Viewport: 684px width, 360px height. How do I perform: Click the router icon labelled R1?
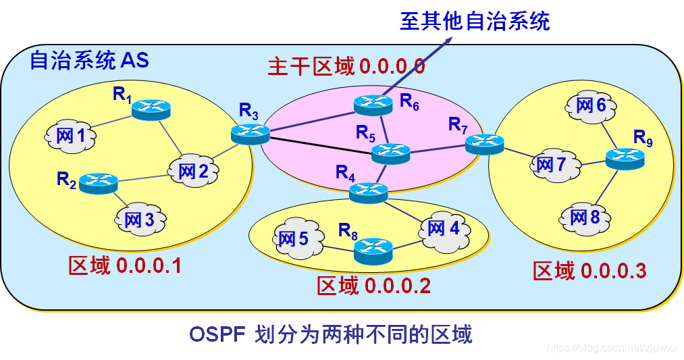coord(151,109)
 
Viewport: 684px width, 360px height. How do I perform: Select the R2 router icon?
coord(99,182)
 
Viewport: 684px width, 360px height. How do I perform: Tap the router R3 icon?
coord(251,134)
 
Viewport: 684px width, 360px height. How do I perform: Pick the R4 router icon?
coord(369,192)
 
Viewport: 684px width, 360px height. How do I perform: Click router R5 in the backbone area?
coord(391,153)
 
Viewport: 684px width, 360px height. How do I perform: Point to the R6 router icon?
coord(373,105)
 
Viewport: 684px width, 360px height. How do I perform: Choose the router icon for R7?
coord(485,145)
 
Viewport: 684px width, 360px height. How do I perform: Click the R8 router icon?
coord(373,251)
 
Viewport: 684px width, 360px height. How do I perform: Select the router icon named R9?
coord(625,159)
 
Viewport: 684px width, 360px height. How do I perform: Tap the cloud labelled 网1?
coord(70,136)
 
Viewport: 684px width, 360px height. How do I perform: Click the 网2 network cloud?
coord(193,171)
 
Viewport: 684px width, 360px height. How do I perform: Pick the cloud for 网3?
coord(140,219)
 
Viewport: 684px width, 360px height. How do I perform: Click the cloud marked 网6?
coord(591,106)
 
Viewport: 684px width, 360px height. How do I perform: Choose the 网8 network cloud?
coord(585,217)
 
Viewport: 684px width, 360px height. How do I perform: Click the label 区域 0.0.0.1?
coord(125,265)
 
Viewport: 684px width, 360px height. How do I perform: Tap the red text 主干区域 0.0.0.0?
coord(346,66)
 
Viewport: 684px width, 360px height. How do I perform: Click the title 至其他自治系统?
coord(475,21)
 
